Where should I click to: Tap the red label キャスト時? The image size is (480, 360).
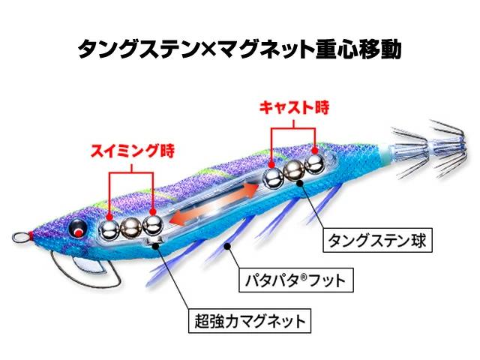click(x=295, y=106)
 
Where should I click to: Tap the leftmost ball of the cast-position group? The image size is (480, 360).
click(x=272, y=178)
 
